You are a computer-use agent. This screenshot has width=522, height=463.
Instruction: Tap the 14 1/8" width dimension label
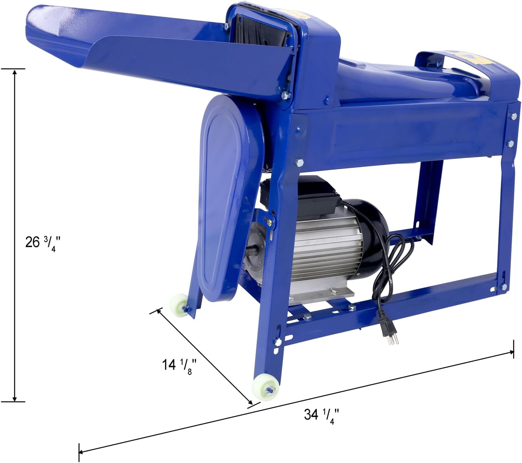[x=177, y=365]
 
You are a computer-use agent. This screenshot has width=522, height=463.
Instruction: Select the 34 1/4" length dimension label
[x=319, y=415]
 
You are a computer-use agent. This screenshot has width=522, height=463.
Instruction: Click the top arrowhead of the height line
[x=15, y=71]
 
